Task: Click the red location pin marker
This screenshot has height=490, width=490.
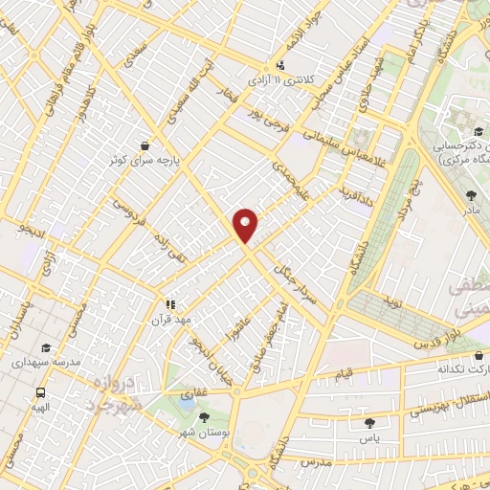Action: (246, 225)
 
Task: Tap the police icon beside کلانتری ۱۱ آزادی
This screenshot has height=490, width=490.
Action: (279, 66)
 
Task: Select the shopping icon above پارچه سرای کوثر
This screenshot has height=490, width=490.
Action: (144, 145)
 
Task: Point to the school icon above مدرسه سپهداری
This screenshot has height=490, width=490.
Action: (47, 348)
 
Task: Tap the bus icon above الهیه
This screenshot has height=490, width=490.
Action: (41, 392)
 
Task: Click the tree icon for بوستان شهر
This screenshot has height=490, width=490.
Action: (203, 417)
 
